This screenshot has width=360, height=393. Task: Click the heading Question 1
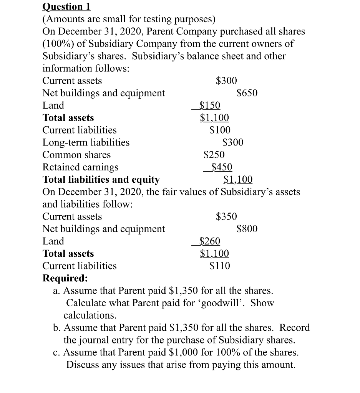tap(66, 7)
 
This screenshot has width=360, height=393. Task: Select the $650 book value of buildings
tap(247, 93)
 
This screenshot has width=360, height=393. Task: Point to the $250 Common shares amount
tap(214, 155)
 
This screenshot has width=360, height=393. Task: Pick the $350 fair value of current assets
tap(226, 216)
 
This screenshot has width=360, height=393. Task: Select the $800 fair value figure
tap(247, 229)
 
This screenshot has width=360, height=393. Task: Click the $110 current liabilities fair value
tap(220, 266)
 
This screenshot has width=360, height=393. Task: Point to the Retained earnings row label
tap(80, 167)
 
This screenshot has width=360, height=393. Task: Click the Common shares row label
tap(76, 155)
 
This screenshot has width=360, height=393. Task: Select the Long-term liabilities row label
tap(86, 142)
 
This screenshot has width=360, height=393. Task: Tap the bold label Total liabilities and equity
tap(101, 179)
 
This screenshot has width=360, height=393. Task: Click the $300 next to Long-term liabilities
tap(233, 142)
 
